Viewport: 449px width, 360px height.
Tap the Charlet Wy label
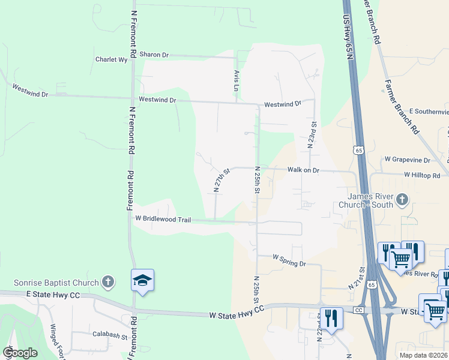coord(112,59)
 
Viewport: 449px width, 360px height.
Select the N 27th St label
coord(222,181)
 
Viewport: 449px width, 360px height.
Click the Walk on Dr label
coord(303,170)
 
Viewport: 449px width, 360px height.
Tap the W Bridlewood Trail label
coord(163,220)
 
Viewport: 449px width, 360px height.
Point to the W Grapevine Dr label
coord(408,160)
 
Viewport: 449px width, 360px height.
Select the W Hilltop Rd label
coord(426,175)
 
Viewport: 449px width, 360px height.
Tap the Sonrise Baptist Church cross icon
coord(107,281)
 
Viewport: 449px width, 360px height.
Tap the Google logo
coord(20,353)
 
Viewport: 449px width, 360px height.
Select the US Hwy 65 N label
coord(348,36)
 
